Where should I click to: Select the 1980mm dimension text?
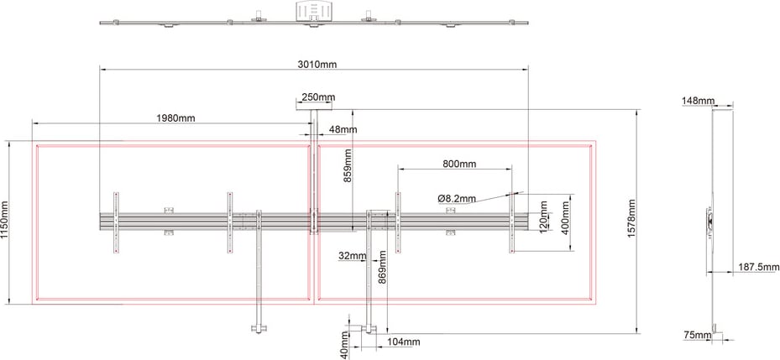tap(175, 118)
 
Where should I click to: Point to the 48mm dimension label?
tap(343, 130)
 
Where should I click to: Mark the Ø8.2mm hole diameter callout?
tap(457, 198)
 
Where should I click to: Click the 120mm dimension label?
tap(543, 217)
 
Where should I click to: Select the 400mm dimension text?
tap(565, 217)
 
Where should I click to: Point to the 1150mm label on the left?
tap(5, 220)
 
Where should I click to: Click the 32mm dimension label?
tap(353, 256)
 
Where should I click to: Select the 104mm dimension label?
tap(405, 342)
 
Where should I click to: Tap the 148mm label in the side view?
tap(699, 101)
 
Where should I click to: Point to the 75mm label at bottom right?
tap(697, 335)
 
